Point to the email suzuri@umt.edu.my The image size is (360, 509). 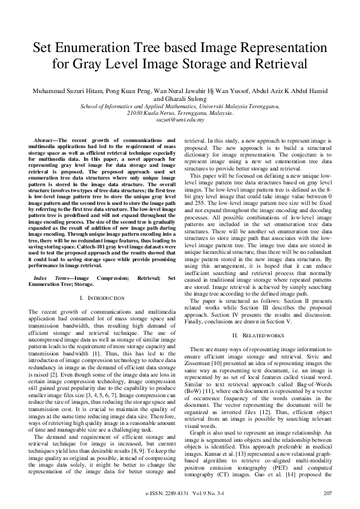click(180, 120)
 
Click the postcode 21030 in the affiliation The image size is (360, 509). click(136, 113)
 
